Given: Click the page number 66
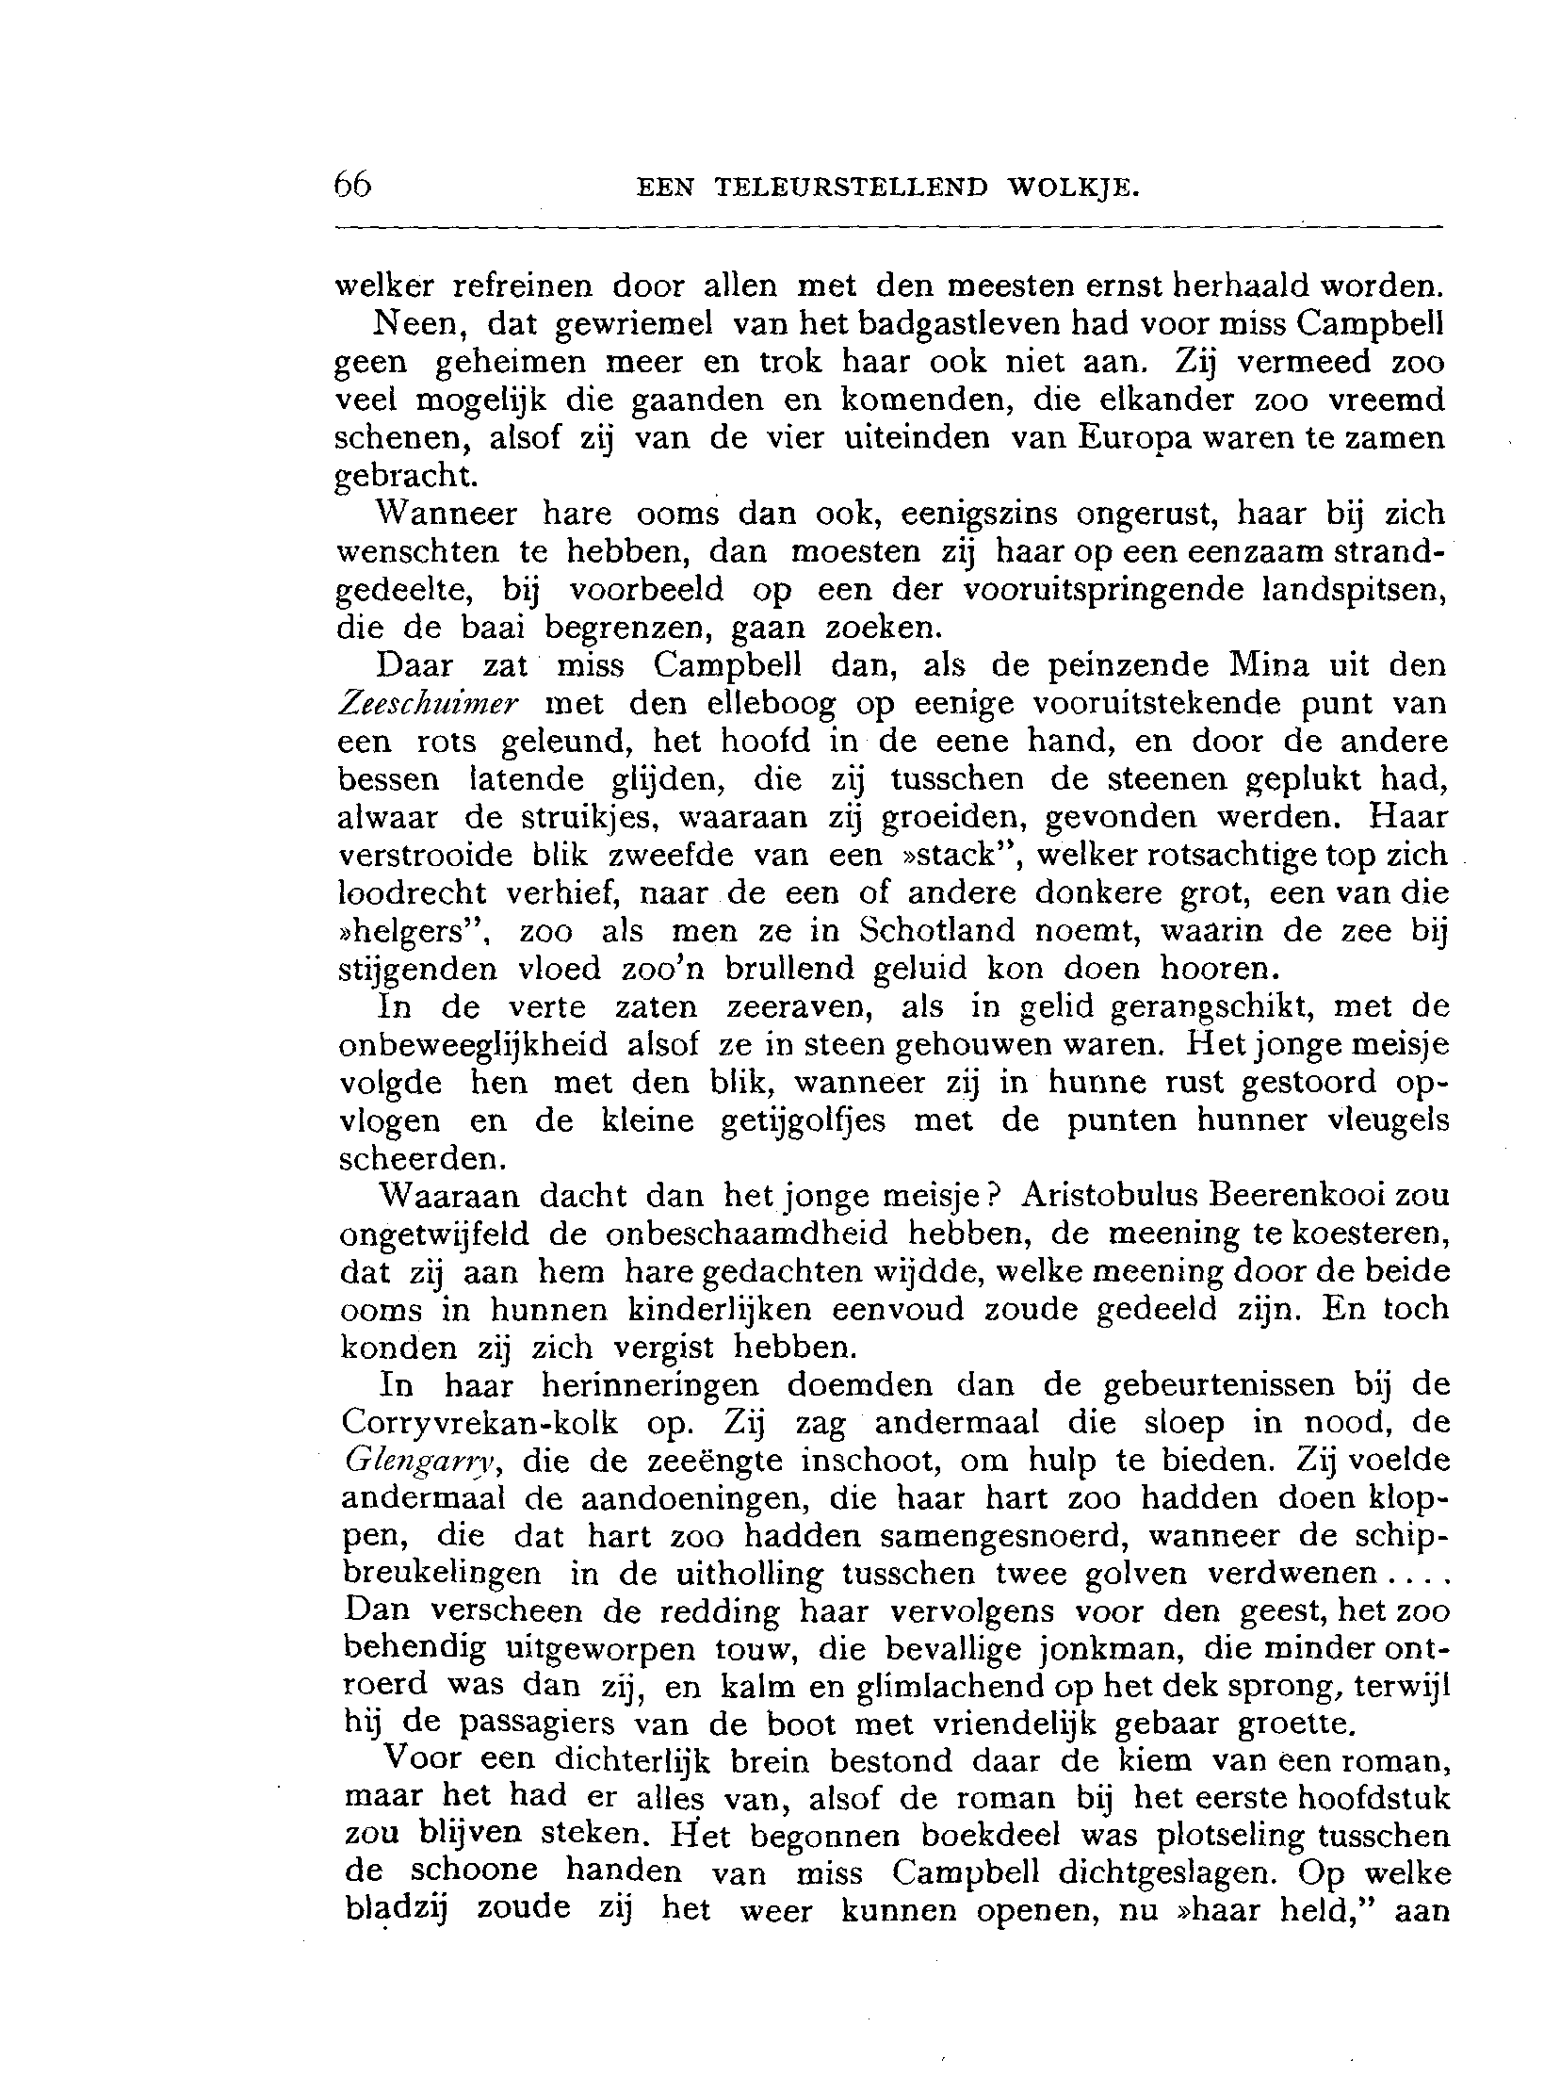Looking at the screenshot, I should pyautogui.click(x=353, y=183).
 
